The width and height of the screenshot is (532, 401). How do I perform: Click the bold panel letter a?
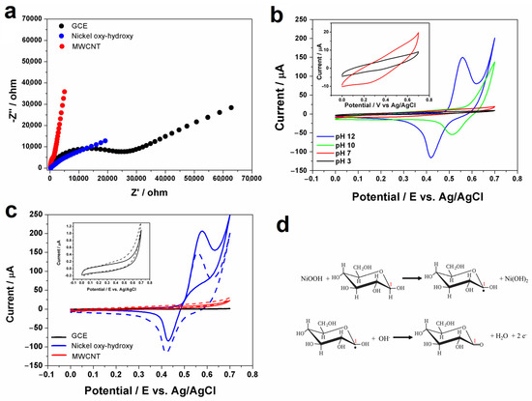click(10, 11)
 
